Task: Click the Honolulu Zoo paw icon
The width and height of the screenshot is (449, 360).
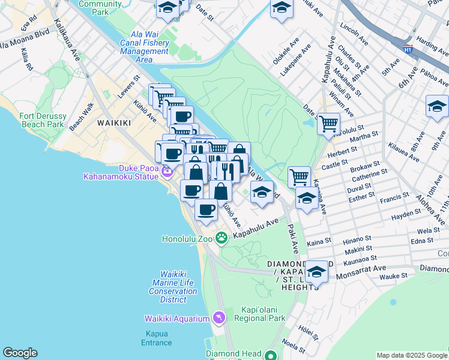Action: tap(221, 238)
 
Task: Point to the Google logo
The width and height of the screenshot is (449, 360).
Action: tap(20, 353)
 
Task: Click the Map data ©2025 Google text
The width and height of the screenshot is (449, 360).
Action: tap(411, 355)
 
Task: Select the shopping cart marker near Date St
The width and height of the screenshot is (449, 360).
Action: tap(328, 124)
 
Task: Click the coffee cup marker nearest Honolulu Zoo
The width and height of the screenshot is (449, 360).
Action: tap(206, 210)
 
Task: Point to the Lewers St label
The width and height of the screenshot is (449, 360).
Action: tap(128, 86)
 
